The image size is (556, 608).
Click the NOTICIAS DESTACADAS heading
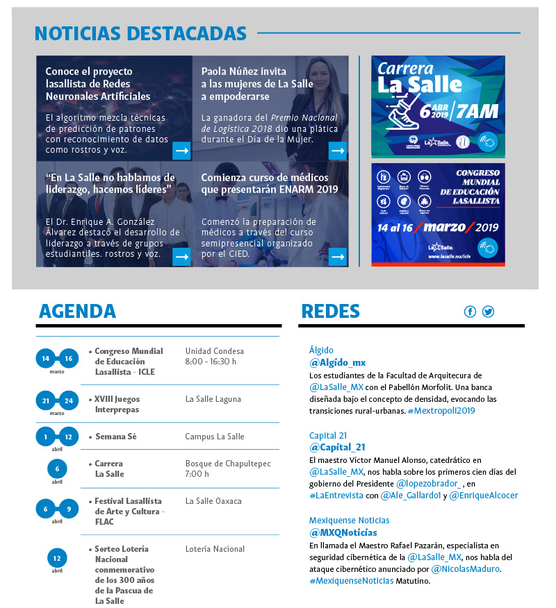click(x=140, y=33)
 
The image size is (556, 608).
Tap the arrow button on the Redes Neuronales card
click(x=181, y=150)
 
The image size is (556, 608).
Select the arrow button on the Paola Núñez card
click(x=338, y=150)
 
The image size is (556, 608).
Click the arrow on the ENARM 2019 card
click(x=338, y=256)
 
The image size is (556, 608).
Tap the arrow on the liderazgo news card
click(x=181, y=256)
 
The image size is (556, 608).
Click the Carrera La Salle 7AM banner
click(x=438, y=106)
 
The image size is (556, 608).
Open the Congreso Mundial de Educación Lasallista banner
click(x=438, y=214)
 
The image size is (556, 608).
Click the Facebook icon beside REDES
click(x=471, y=312)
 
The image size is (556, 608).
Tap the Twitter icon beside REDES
click(x=488, y=312)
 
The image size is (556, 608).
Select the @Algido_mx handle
click(x=337, y=362)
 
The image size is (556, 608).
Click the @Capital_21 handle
click(x=337, y=448)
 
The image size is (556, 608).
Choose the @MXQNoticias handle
click(x=343, y=532)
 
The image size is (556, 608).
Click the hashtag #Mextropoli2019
click(x=441, y=411)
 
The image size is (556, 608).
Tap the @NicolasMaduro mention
click(x=465, y=569)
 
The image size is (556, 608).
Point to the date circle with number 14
click(x=46, y=359)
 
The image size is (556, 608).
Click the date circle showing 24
click(x=68, y=400)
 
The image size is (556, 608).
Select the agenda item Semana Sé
click(x=115, y=437)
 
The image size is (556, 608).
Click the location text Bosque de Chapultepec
click(x=228, y=464)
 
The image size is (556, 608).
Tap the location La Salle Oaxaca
click(x=213, y=501)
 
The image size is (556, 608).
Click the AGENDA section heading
click(x=77, y=311)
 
